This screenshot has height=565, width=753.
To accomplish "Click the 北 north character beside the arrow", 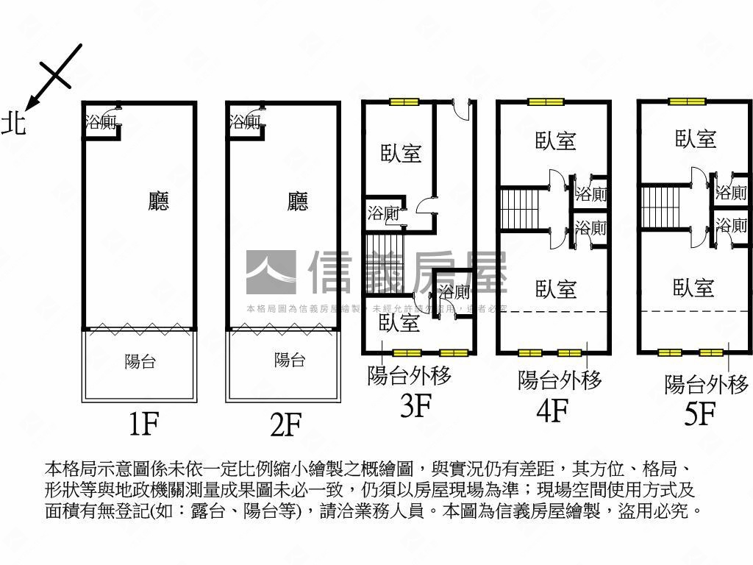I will (x=13, y=123).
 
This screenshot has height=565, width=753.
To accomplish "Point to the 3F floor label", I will (x=415, y=405).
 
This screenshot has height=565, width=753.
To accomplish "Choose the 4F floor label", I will (x=553, y=411).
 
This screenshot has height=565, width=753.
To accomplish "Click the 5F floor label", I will (x=699, y=414).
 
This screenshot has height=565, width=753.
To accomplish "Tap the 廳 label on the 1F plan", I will (x=158, y=201).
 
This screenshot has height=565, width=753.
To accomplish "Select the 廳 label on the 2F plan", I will (x=298, y=201).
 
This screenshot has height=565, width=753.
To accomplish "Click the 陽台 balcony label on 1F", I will (x=140, y=361).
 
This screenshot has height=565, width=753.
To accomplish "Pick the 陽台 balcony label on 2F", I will (x=290, y=360).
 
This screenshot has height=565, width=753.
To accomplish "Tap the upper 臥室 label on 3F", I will (x=401, y=154).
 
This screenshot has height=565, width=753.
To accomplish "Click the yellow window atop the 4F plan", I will (x=545, y=102).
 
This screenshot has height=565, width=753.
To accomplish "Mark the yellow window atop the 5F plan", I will (x=687, y=102).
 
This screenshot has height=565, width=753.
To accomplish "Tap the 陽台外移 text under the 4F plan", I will (x=560, y=380).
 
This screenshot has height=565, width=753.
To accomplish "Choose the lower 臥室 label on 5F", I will (x=693, y=287).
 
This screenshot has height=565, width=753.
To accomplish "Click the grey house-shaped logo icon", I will (x=271, y=273).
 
